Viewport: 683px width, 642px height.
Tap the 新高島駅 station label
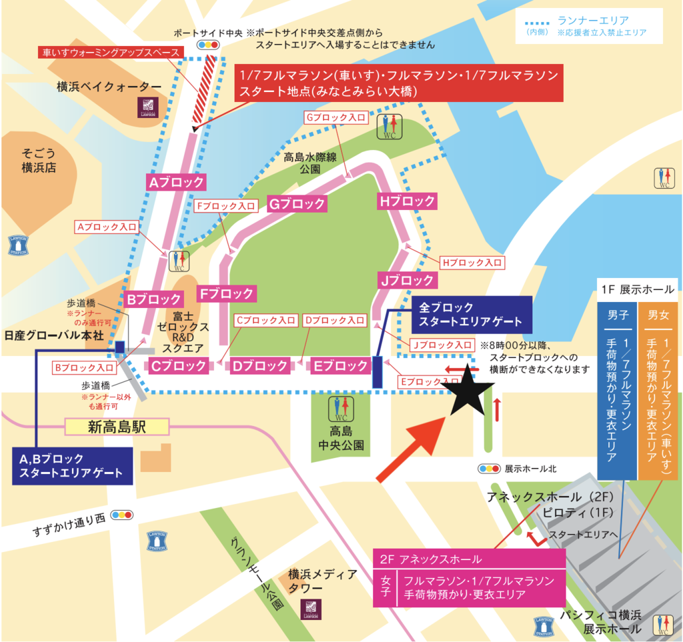click(x=117, y=427)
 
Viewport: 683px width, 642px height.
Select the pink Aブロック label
click(x=175, y=181)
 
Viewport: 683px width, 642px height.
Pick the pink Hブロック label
click(x=406, y=201)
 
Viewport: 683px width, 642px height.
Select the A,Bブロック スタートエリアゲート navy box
click(x=73, y=466)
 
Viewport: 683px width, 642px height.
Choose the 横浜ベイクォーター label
click(x=109, y=87)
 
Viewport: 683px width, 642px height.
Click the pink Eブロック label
click(x=340, y=365)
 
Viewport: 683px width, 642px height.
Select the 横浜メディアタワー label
click(x=321, y=581)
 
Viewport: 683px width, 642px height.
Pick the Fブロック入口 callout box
click(x=226, y=206)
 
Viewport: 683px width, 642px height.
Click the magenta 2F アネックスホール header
click(x=468, y=559)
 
